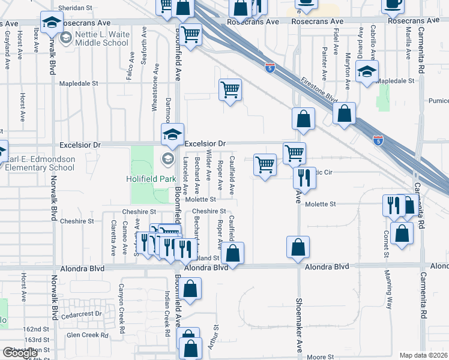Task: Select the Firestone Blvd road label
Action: [x=320, y=91]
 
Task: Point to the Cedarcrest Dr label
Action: [x=86, y=313]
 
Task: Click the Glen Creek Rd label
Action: [x=88, y=335]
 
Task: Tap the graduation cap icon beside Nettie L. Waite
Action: [x=52, y=23]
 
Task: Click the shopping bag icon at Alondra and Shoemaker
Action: [x=298, y=247]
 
